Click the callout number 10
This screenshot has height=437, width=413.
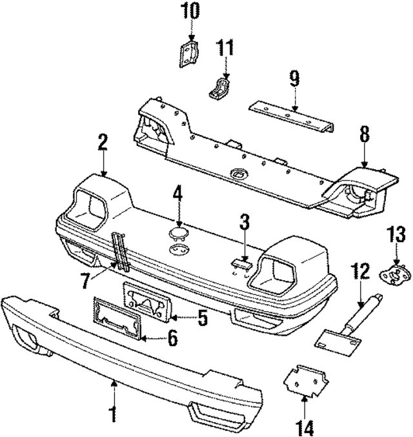click(x=190, y=10)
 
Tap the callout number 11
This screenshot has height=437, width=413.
click(x=225, y=48)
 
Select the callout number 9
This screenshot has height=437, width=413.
click(x=294, y=79)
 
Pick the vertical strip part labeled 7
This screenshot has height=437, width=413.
click(x=120, y=251)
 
